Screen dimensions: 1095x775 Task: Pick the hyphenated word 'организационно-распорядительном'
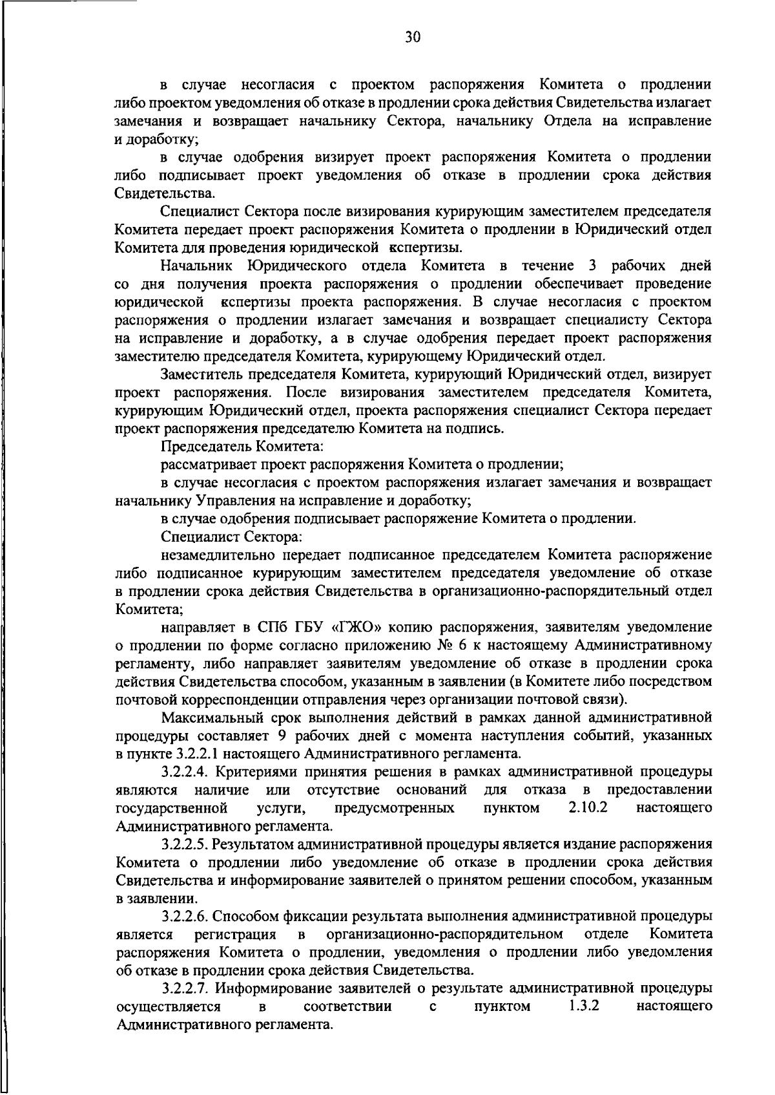tap(444, 935)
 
